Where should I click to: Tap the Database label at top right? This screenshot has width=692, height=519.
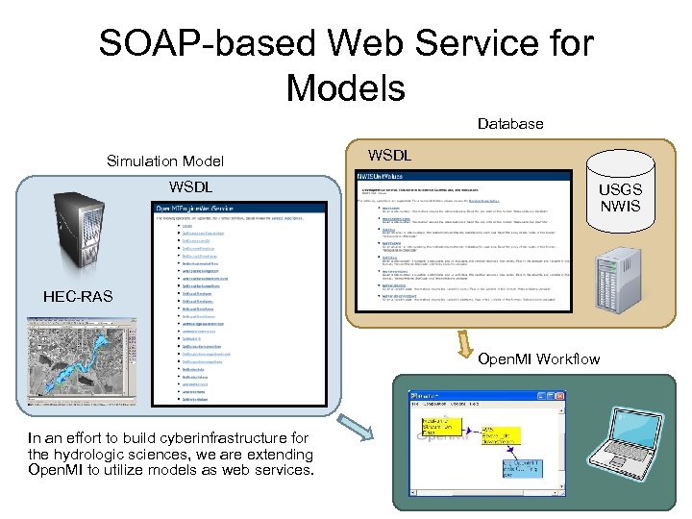tap(510, 124)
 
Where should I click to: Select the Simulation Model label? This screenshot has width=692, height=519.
tap(164, 161)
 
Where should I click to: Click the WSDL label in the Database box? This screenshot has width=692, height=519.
tap(389, 155)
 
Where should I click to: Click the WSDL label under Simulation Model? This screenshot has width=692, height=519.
tap(191, 185)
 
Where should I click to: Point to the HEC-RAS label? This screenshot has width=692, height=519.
tap(77, 296)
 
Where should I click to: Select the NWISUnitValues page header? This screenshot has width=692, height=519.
tap(381, 177)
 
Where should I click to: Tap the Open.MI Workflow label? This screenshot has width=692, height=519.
tap(544, 359)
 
